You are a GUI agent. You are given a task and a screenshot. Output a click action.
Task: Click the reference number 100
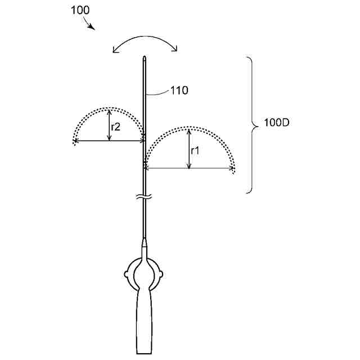(x=80, y=10)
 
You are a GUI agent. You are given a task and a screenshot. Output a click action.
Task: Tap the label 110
(x=179, y=91)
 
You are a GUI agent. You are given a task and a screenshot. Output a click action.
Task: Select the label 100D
(x=276, y=123)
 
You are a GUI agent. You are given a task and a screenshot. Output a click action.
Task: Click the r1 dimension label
(x=195, y=151)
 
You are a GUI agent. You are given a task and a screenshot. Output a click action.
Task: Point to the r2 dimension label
(x=115, y=127)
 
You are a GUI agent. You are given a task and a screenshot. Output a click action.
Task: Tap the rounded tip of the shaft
(x=145, y=57)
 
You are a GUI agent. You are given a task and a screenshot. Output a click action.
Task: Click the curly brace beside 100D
(x=253, y=125)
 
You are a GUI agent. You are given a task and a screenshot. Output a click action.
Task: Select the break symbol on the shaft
(x=145, y=196)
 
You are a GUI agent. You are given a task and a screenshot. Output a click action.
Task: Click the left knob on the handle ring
(x=126, y=274)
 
